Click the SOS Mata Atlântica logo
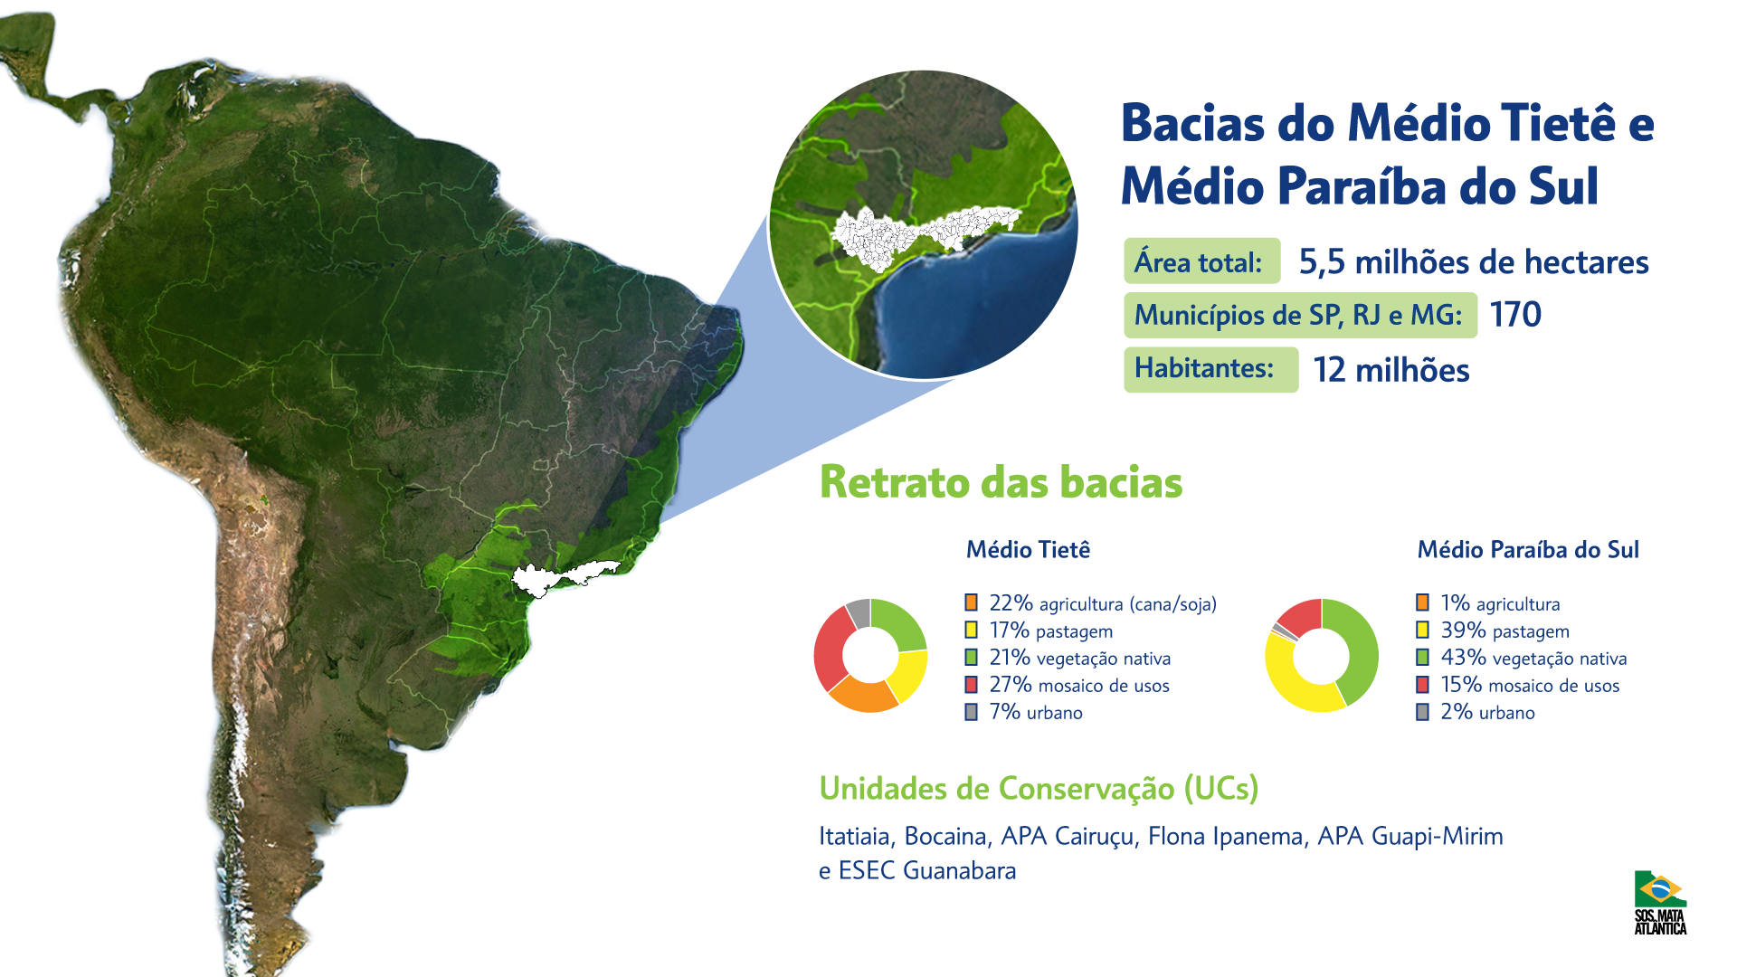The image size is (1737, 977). point(1660,902)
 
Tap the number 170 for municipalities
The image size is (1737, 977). point(1515,315)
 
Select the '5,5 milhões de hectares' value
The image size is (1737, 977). point(1474,262)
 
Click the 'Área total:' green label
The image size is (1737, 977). point(1202,261)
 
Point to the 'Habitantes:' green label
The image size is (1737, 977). point(1211,369)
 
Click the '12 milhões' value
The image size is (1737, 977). point(1391,370)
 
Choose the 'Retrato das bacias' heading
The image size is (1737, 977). point(1001,482)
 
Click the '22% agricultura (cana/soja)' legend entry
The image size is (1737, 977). point(1091,603)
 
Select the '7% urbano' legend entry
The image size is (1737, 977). point(1024,712)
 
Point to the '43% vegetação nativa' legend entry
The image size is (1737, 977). point(1522,658)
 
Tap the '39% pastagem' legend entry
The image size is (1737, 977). point(1493,631)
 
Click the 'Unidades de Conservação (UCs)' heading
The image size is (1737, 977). point(1039,789)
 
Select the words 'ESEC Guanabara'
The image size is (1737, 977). point(927,870)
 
